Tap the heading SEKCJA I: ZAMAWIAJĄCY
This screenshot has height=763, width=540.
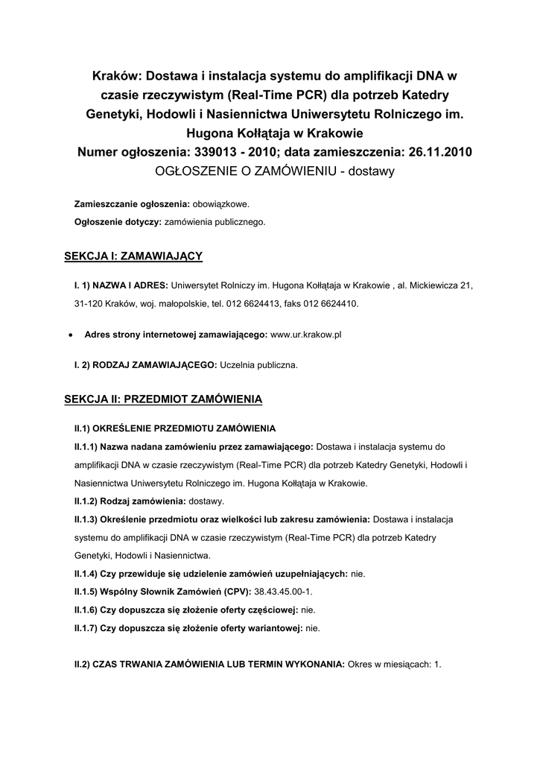[x=135, y=256]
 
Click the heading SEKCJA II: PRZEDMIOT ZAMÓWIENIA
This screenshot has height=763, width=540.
[x=165, y=399]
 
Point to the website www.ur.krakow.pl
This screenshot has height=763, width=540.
[x=306, y=335]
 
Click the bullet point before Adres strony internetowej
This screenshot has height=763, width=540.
[x=69, y=336]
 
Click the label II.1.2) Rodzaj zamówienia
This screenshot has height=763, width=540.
[x=130, y=501]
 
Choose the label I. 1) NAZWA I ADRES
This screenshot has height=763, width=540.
[x=121, y=285]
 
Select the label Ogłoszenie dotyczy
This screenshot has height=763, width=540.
[x=118, y=222]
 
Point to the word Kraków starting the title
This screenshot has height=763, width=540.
[x=117, y=75]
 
